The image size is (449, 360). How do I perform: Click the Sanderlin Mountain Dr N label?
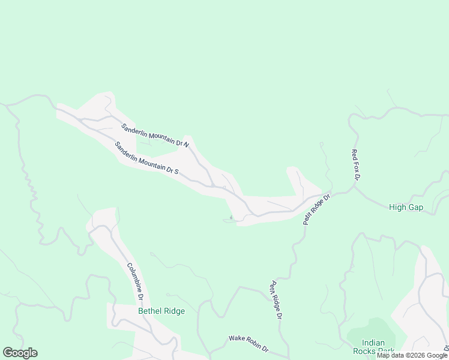(x=155, y=136)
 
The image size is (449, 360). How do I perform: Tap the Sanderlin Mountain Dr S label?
(x=146, y=158)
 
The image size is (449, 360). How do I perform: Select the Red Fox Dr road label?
(x=355, y=165)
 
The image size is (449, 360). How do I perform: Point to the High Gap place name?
(x=406, y=208)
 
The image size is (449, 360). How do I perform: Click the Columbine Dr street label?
(x=135, y=281)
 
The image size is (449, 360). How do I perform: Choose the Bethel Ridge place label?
(x=161, y=311)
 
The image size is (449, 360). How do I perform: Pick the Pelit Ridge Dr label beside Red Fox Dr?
(x=317, y=209)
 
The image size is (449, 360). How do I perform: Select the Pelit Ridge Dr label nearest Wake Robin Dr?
(x=276, y=299)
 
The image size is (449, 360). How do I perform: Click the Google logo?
(x=20, y=353)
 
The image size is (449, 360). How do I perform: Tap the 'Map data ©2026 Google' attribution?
(x=412, y=355)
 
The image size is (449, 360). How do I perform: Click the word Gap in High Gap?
(x=415, y=208)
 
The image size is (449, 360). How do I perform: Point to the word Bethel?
(x=150, y=311)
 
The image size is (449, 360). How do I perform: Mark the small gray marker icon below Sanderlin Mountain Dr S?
(x=231, y=218)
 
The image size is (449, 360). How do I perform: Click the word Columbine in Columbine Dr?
(x=133, y=277)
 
